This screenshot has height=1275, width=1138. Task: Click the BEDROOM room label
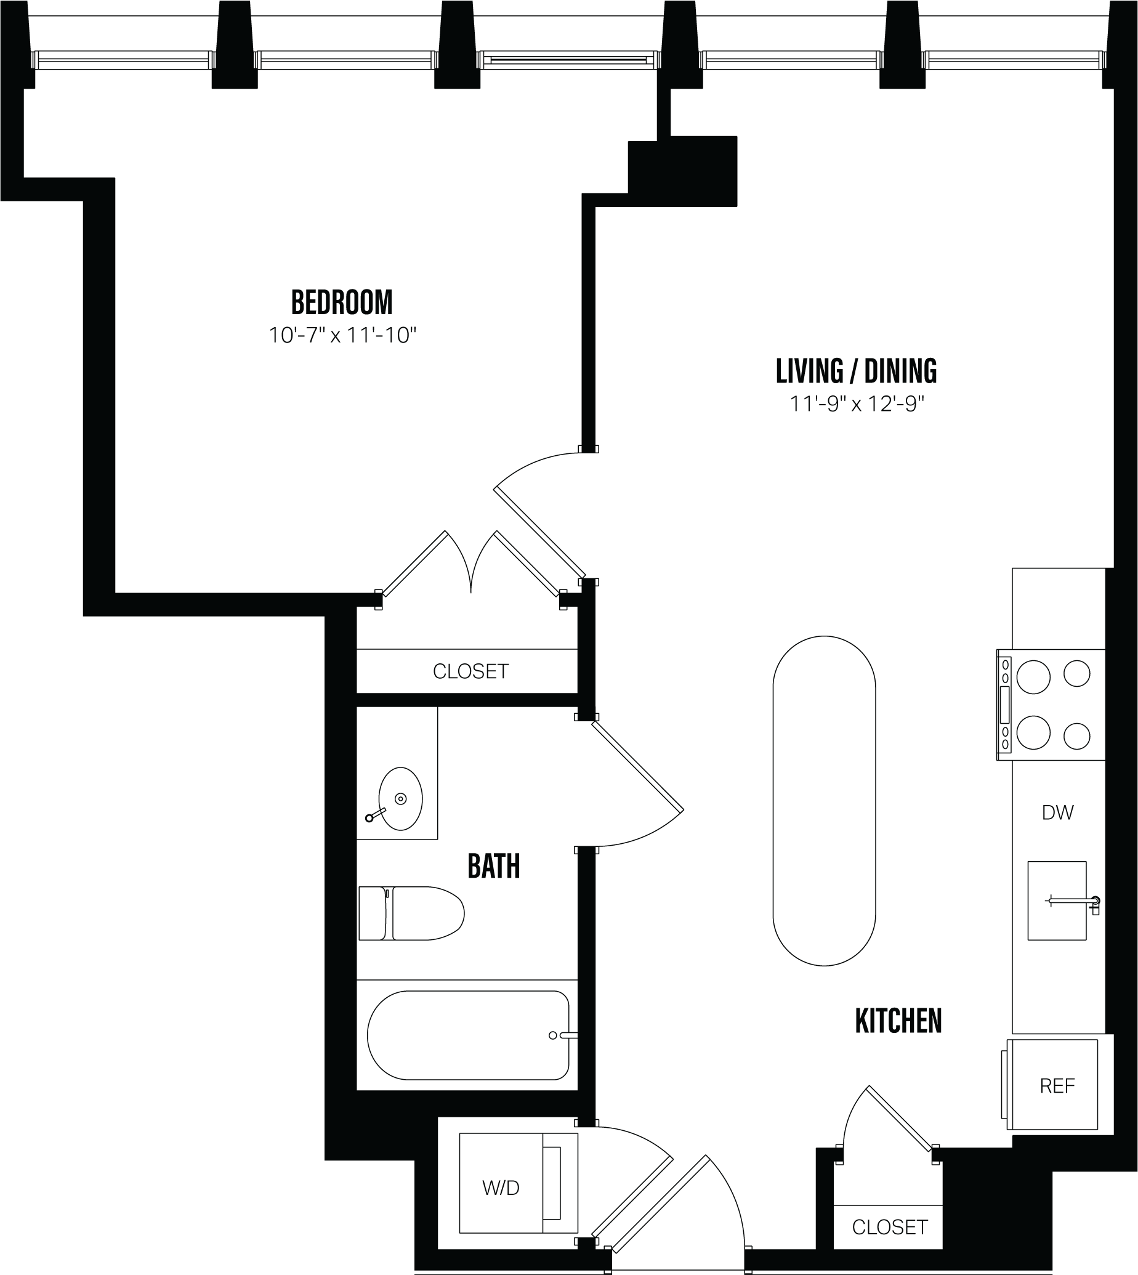[342, 302]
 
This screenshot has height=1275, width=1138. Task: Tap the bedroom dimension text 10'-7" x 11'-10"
[342, 336]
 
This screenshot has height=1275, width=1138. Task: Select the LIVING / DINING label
[856, 371]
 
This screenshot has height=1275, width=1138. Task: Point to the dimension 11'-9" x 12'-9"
[856, 405]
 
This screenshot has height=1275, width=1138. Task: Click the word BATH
[493, 867]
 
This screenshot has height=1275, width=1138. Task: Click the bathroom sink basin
[400, 798]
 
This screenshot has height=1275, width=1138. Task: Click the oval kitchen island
[823, 800]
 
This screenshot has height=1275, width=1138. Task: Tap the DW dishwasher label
[1057, 813]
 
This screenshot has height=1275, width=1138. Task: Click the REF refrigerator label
[1057, 1086]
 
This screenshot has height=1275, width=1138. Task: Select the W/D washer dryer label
[500, 1188]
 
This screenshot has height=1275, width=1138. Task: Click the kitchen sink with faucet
[1057, 901]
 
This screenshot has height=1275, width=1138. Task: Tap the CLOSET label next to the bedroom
[470, 671]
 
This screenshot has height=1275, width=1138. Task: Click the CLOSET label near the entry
[889, 1227]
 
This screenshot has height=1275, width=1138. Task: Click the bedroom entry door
[539, 532]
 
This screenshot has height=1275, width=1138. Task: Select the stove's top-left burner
[1033, 677]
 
